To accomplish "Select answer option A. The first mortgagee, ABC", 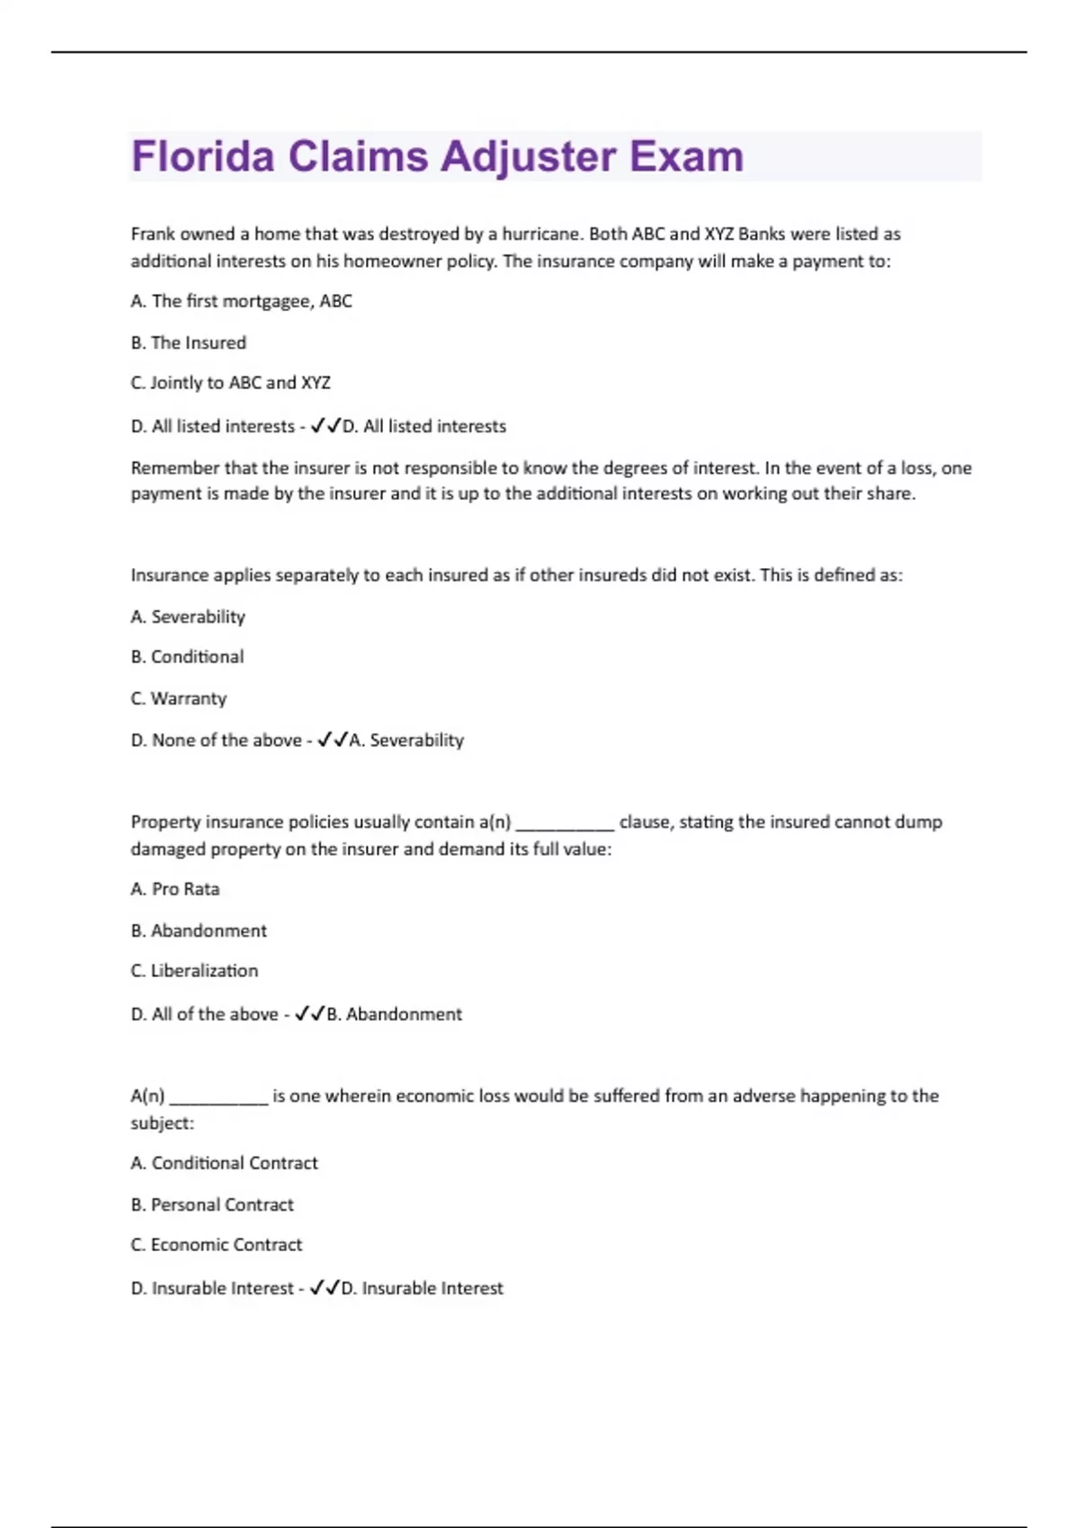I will coord(241,301).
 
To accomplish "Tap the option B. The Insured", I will coord(188,342).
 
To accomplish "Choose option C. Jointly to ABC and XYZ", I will coord(230,383).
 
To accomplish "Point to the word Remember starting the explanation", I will coord(173,467).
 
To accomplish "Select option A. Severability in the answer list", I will coord(188,617).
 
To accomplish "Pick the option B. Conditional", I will coord(187,657).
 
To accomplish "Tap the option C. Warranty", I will coord(179,698).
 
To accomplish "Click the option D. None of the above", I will coord(216,741).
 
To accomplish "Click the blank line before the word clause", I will coord(565,823).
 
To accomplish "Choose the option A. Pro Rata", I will coord(175,889).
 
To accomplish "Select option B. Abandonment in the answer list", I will coord(199,930).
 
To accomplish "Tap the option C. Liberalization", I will coord(194,971).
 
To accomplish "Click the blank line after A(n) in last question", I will coord(219,1097).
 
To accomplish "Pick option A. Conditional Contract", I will coord(224,1163).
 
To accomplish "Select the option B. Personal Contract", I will coord(212,1204).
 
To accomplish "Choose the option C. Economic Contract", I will coord(217,1245).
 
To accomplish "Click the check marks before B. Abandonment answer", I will coord(309,1014).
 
